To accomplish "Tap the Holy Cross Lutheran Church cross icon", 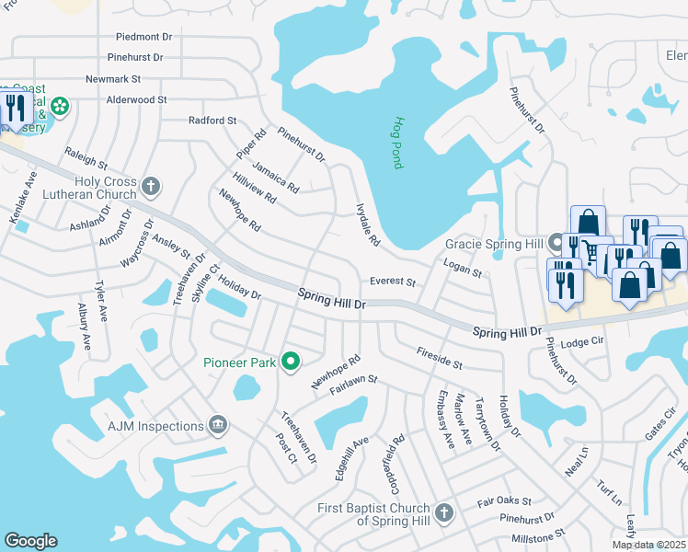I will coord(152,188).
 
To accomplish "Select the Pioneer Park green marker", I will coord(291,362).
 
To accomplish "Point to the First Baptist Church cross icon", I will coord(444,512).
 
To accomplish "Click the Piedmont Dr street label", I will coord(144,37).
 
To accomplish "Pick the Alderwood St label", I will coord(136,99).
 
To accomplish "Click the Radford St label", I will coord(212,121).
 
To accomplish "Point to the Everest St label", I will coord(393,282).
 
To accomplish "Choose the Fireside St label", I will coord(439,358).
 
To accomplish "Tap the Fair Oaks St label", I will coord(504,501).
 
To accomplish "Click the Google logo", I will coord(31,541).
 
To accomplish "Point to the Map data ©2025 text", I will coord(649,545).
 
